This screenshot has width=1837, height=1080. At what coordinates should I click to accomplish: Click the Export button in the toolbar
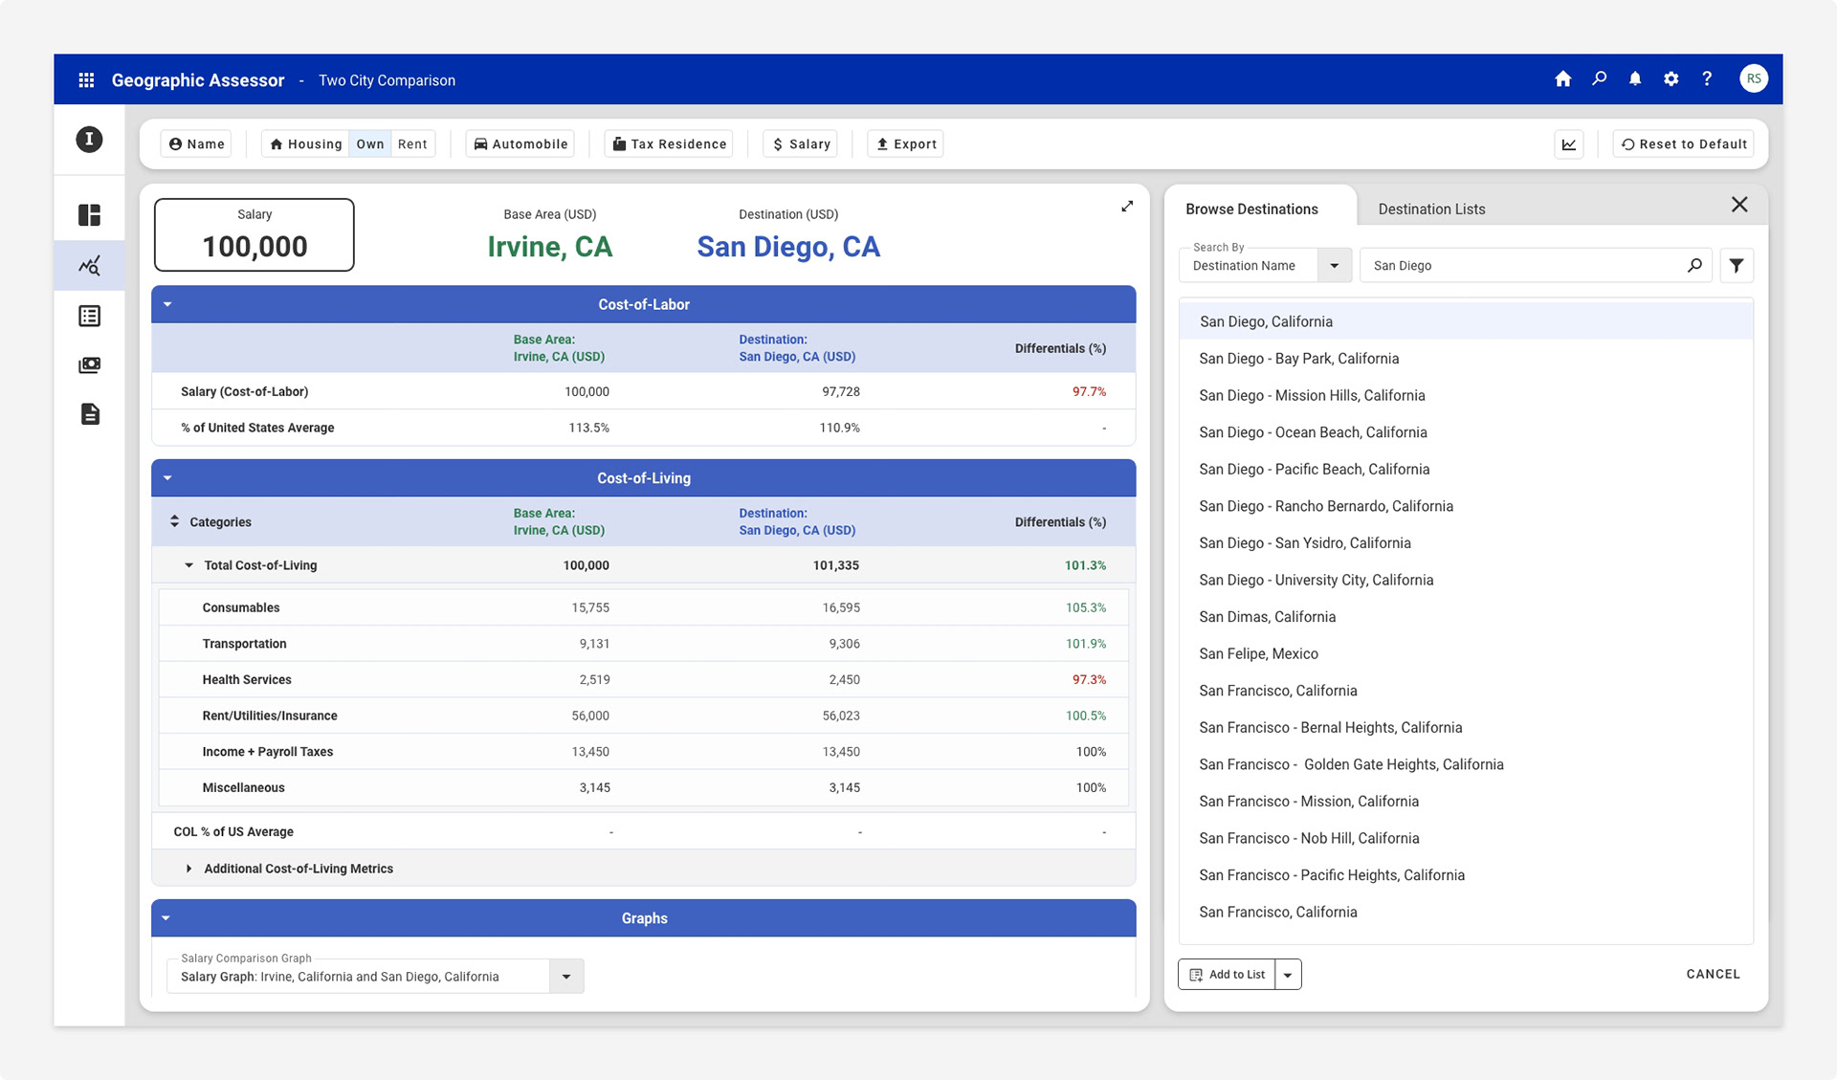point(905,143)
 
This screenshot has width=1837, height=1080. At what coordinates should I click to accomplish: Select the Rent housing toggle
point(412,143)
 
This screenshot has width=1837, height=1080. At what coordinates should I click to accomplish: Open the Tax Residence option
point(669,143)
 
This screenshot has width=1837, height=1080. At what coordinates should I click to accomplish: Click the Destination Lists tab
point(1431,209)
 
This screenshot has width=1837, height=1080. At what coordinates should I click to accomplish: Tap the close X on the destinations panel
point(1739,205)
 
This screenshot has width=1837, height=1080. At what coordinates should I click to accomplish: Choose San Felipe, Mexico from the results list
point(1258,653)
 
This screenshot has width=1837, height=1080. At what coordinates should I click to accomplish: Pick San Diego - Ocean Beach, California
point(1313,432)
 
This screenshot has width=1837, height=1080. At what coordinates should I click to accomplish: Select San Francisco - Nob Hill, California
point(1309,838)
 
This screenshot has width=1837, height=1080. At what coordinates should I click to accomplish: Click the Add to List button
point(1227,974)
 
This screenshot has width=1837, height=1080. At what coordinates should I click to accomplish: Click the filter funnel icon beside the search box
point(1737,266)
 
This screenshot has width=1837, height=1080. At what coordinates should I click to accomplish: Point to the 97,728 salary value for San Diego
point(841,391)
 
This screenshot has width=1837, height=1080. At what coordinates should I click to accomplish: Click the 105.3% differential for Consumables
point(1086,607)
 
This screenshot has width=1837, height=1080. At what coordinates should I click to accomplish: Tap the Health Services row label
point(247,679)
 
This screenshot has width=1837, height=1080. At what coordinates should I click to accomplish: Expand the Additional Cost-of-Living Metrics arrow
point(188,869)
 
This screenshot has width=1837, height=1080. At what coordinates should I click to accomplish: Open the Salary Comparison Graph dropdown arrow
point(566,977)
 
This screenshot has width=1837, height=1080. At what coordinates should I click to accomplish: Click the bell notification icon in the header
point(1635,79)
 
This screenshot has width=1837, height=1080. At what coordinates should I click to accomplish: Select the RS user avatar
point(1754,79)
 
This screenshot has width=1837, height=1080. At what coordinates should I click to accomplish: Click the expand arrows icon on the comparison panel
point(1127,206)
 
